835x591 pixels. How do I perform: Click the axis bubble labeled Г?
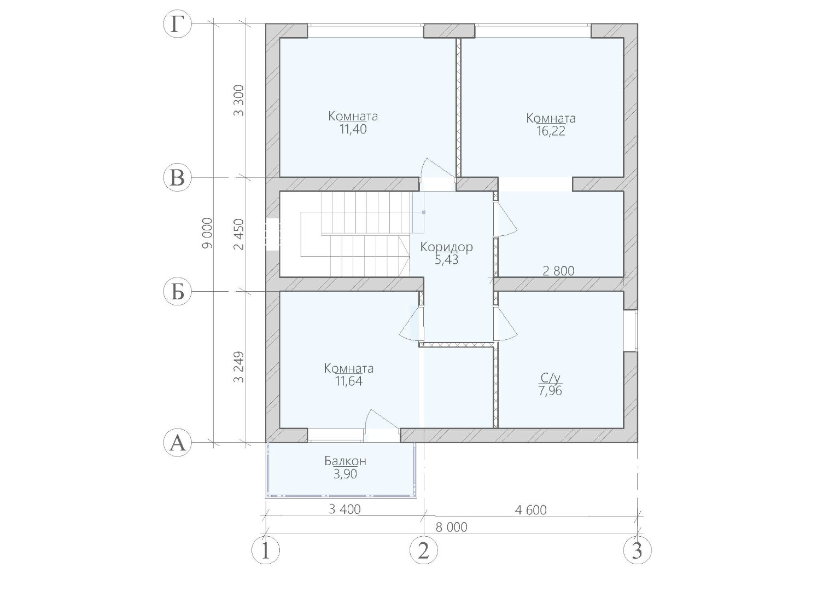point(177,24)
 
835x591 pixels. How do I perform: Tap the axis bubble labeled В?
point(177,178)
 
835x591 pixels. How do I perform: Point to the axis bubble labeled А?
point(177,443)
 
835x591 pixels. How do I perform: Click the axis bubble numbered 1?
point(265,550)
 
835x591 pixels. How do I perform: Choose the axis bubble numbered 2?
point(423,550)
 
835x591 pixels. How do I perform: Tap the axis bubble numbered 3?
point(638,550)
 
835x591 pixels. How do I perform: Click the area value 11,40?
point(353,130)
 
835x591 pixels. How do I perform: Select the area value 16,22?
point(551,131)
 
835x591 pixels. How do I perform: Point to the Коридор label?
point(447,247)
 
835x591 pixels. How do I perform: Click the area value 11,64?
point(348,382)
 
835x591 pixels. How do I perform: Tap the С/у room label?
point(550,378)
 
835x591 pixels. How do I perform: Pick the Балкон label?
point(345,461)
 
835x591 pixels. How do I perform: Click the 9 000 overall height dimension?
point(207,233)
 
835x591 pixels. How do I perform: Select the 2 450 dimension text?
point(239,234)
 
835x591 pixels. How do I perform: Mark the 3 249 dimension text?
point(239,367)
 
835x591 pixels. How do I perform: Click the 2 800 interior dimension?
point(558,271)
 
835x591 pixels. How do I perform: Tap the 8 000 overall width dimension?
point(451,527)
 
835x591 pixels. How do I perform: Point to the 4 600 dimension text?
point(531,509)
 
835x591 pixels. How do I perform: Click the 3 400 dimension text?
point(345,509)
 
